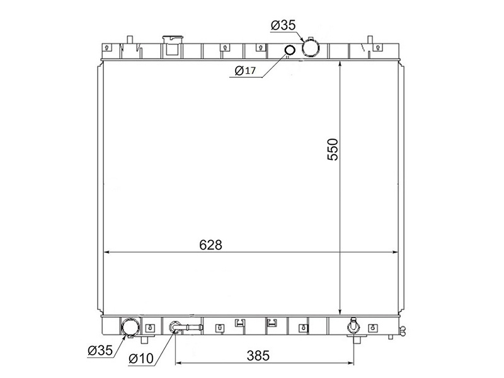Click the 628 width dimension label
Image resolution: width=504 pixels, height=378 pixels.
coord(210,245)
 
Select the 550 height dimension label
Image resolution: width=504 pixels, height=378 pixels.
coord(333,149)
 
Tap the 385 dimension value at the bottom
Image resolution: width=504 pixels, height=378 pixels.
coord(258,355)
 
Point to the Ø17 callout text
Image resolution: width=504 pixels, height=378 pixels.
coord(245,71)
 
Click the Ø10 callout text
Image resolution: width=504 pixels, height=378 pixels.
coord(141,358)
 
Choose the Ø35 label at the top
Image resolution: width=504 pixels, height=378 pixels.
coord(283,25)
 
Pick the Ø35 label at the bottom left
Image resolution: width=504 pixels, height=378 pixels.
coord(100,350)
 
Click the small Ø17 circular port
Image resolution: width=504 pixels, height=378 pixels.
coord(290,50)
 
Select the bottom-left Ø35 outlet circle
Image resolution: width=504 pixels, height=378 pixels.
coord(130,327)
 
